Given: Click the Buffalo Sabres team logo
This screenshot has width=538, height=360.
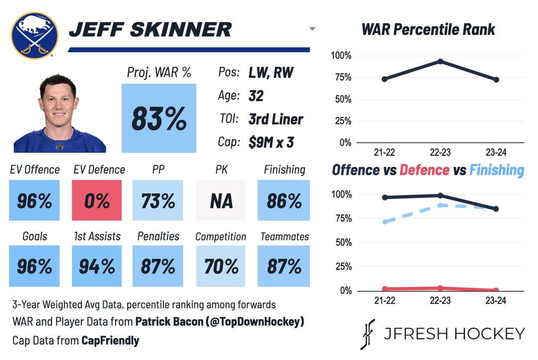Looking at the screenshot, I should click(34, 35).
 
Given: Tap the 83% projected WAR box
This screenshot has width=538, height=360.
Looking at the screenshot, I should click(159, 118).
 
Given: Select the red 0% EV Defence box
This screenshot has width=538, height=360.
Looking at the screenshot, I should click(97, 200).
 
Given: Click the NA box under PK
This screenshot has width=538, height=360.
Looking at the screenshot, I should click(221, 200).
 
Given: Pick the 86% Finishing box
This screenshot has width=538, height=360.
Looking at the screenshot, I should click(283, 200).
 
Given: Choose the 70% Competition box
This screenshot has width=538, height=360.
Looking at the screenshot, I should click(221, 266).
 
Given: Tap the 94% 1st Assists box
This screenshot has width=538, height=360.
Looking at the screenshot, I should click(97, 266).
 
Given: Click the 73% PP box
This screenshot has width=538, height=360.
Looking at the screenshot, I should click(158, 200).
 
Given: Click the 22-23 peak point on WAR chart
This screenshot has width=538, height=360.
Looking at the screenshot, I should click(440, 61).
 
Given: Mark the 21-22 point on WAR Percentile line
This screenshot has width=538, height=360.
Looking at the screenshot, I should click(385, 79).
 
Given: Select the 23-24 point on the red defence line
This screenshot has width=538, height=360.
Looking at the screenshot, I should click(497, 290).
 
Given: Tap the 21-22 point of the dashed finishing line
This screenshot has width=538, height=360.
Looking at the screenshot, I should click(385, 222).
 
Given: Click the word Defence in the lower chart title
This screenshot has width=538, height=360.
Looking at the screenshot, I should click(424, 170).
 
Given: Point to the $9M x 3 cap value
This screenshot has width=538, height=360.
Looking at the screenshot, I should click(271, 142).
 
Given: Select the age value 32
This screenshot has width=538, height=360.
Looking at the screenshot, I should click(256, 96).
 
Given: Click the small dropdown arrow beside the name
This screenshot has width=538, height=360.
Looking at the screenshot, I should click(312, 29).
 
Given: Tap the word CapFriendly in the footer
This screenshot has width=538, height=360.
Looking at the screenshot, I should click(111, 341).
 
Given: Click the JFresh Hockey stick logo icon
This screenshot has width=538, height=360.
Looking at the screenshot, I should click(367, 334).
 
